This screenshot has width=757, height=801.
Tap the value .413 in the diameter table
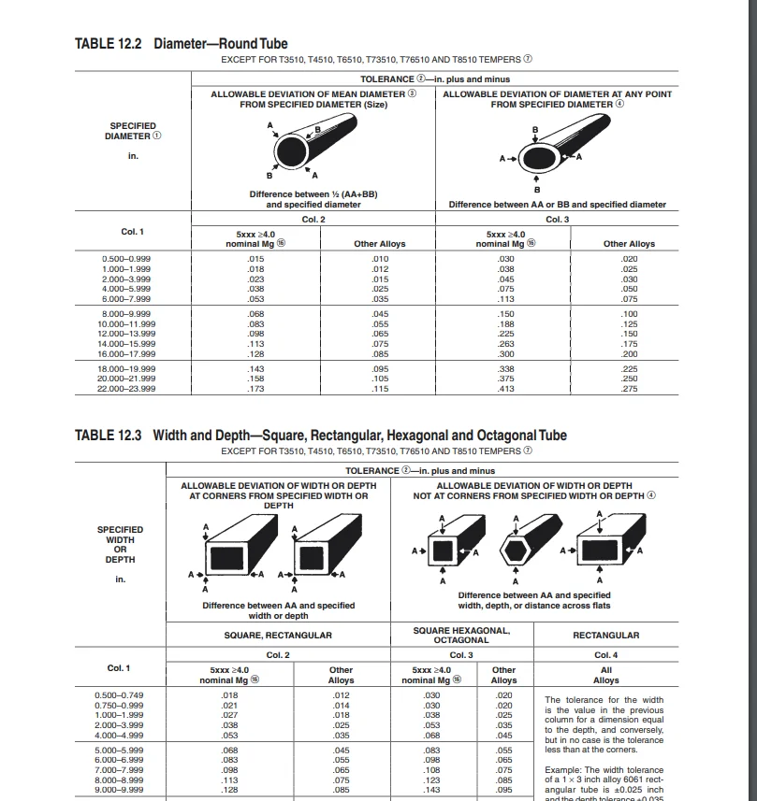pos(505,389)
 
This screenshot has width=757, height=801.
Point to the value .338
pos(505,369)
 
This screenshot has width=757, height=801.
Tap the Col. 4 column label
pos(605,655)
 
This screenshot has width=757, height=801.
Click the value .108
pos(431,768)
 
